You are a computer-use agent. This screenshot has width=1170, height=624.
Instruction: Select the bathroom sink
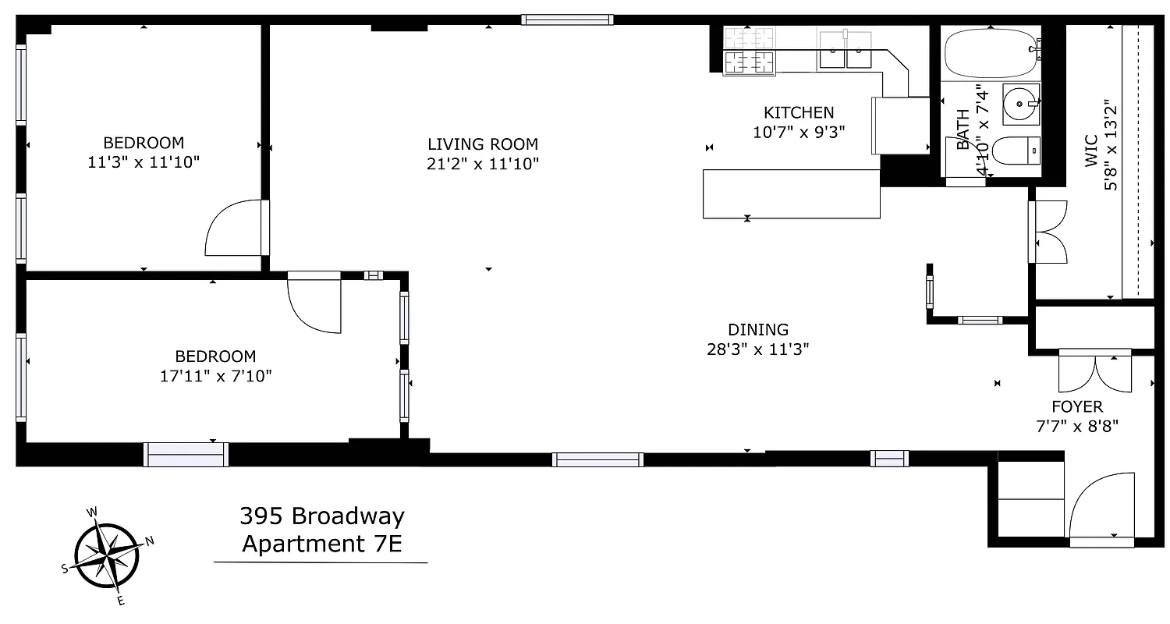coord(1019,102)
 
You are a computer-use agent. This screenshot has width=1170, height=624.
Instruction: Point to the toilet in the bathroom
coord(1019,151)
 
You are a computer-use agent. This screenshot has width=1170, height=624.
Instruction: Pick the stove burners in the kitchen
coord(748,49)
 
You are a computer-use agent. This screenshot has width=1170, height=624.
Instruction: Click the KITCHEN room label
coord(799,113)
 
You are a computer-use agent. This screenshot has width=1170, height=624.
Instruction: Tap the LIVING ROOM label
coord(483,144)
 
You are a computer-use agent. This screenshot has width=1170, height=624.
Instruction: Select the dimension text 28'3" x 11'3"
coord(757,349)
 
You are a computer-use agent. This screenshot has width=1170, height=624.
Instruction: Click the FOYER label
coord(1077,406)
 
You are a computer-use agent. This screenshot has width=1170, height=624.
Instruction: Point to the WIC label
coord(1090,151)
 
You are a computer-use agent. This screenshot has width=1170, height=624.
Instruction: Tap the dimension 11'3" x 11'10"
coord(144,162)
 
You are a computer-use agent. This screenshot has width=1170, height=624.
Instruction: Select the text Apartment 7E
coord(321,543)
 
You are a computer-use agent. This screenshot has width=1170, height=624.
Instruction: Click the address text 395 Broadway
coord(322,516)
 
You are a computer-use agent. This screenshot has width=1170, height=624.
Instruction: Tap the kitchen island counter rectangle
coord(791,193)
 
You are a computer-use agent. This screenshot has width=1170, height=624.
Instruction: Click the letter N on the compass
coord(151,540)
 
